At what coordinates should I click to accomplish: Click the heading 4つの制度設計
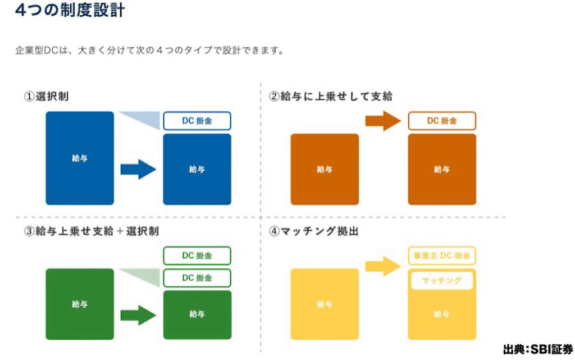tap(70, 11)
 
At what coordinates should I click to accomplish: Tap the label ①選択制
tap(47, 97)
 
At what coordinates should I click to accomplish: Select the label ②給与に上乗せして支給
tap(331, 97)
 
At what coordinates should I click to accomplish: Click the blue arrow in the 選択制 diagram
tap(138, 169)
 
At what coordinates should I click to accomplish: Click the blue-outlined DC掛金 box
tap(197, 121)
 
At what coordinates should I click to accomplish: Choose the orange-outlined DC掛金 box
tap(442, 121)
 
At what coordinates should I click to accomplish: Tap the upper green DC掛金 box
tap(197, 256)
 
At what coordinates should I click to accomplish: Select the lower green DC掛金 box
tap(197, 278)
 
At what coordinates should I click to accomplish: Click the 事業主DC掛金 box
tap(442, 256)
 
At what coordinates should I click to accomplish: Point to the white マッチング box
tap(441, 280)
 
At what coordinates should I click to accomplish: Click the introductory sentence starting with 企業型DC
tap(149, 51)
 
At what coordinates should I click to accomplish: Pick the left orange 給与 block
tap(324, 169)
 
